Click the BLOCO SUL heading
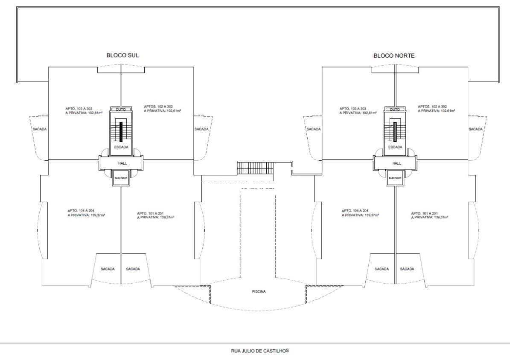coord(122,55)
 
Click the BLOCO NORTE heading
coord(394,55)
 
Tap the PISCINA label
coord(259,292)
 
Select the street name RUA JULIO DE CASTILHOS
coord(259,351)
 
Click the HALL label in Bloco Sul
coord(122,163)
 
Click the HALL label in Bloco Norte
coord(396,163)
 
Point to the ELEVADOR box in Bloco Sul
coord(121,178)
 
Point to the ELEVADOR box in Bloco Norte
coord(395,178)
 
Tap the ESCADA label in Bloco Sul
coord(121,147)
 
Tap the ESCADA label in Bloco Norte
coord(395,147)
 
